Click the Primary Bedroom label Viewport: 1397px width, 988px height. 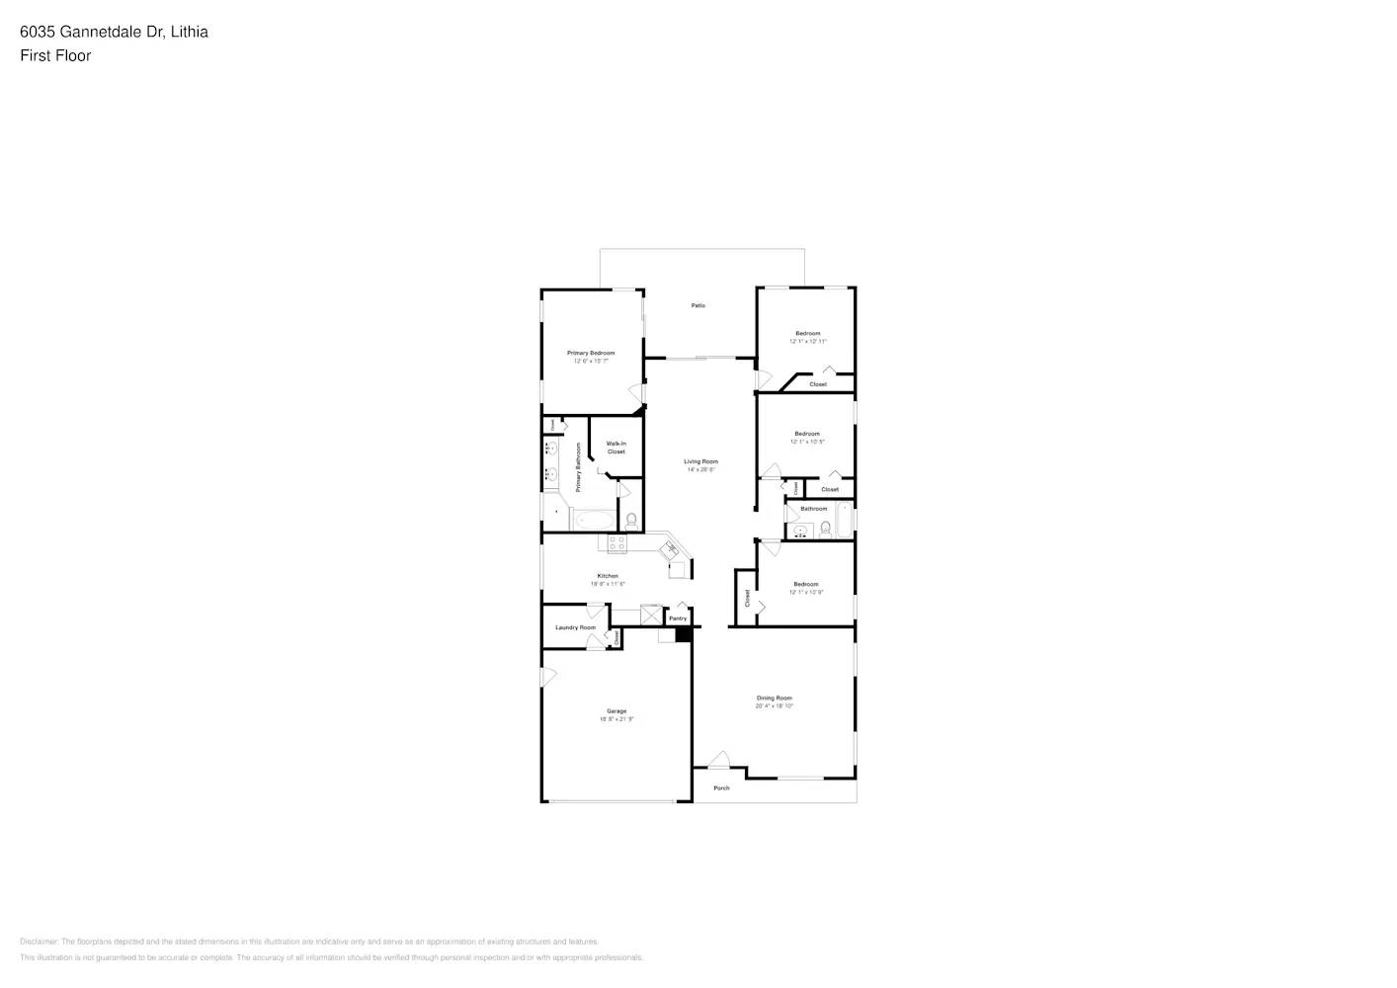(x=591, y=353)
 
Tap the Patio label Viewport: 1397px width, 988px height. (x=698, y=305)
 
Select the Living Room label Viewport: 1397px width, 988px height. (x=701, y=461)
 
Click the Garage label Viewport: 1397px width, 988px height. (x=616, y=711)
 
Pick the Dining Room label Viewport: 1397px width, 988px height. (x=775, y=698)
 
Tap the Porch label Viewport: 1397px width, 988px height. (x=722, y=787)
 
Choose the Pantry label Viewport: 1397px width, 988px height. (x=678, y=618)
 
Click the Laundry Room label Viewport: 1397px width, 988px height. (x=575, y=627)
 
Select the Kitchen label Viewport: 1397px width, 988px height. (x=608, y=576)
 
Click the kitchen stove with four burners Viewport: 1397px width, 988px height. (x=616, y=543)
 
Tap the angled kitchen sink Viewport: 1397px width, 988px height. (x=671, y=549)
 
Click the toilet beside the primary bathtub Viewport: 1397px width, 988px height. (x=630, y=520)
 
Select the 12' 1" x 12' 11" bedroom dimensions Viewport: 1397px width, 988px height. (x=808, y=341)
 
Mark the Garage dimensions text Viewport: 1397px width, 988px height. (x=616, y=719)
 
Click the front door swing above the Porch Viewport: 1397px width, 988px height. (x=719, y=760)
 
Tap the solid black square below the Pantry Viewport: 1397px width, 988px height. (x=682, y=635)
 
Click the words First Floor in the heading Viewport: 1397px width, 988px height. (x=55, y=55)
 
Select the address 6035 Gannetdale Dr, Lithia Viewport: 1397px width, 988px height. (x=114, y=32)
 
